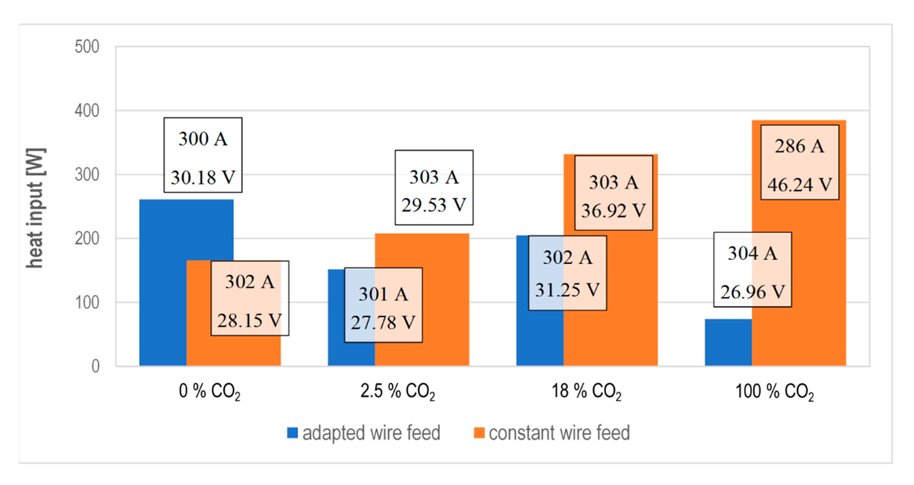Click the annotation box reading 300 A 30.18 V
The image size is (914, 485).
(x=203, y=155)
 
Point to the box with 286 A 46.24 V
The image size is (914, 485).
(x=799, y=162)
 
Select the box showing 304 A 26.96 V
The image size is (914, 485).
(x=752, y=270)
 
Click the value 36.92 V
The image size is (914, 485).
(x=613, y=211)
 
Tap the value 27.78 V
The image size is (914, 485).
(x=383, y=323)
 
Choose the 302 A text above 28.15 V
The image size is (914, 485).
(x=250, y=282)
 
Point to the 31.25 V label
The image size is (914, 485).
(x=567, y=290)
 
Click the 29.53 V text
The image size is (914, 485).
(x=434, y=205)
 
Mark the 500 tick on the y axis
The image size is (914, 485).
(x=87, y=47)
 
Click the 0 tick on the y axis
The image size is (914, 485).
(x=95, y=366)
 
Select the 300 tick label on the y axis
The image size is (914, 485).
(x=87, y=174)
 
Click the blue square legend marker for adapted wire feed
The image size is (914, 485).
(x=292, y=433)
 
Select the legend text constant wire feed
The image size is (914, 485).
(x=559, y=433)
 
